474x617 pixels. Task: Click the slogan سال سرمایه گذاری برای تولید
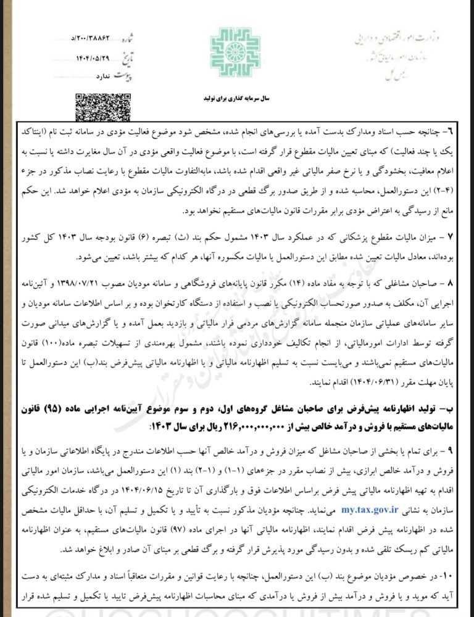237,98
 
